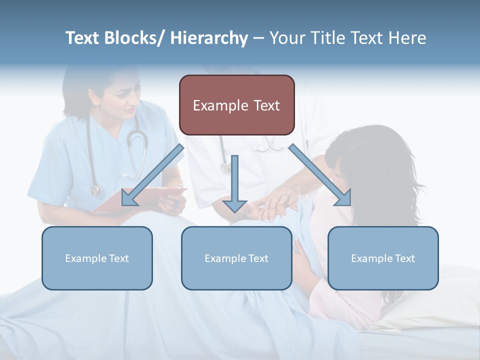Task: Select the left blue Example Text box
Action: (x=97, y=258)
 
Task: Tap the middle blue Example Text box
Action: (x=236, y=258)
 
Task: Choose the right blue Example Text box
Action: (x=383, y=258)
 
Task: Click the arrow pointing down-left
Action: (x=153, y=175)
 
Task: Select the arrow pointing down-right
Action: (x=320, y=175)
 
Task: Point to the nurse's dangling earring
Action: (x=98, y=117)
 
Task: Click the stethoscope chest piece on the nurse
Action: (x=95, y=190)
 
